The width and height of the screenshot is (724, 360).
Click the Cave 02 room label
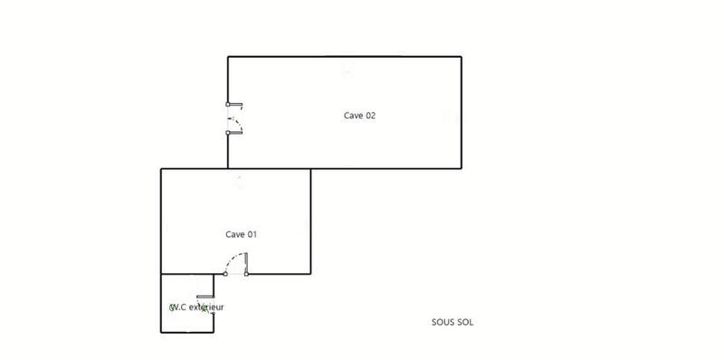click(359, 115)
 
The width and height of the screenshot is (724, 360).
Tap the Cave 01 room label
click(242, 234)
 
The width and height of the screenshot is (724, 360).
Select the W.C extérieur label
click(196, 308)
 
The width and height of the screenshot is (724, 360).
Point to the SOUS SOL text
click(452, 321)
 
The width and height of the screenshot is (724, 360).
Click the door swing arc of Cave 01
click(235, 261)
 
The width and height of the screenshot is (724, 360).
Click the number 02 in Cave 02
click(369, 115)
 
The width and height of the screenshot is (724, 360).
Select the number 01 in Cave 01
click(252, 234)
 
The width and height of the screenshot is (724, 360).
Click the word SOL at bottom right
click(465, 321)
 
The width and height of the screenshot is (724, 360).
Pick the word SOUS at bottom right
click(443, 321)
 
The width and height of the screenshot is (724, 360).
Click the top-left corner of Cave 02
click(228, 57)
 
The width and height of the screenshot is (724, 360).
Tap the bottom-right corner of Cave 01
click(310, 274)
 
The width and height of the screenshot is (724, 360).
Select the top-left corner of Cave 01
click(161, 169)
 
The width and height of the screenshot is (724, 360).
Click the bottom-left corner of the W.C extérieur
click(161, 332)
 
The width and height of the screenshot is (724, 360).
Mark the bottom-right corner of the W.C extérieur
click(214, 332)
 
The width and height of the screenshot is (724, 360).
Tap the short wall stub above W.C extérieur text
click(205, 296)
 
